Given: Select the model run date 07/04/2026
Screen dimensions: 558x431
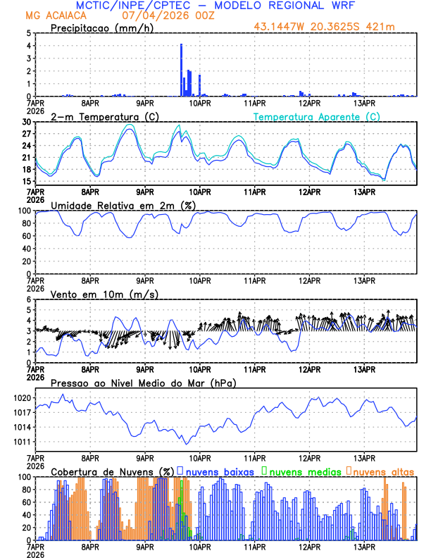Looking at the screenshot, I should pos(150,15).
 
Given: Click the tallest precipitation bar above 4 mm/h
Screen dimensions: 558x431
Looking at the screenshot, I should pos(181,69).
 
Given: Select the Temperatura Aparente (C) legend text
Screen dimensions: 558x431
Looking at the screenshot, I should pos(317,116).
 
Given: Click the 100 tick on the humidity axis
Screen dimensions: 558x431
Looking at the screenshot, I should pos(23,211).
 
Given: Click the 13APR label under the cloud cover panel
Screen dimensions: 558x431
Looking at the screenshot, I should pos(364,546).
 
